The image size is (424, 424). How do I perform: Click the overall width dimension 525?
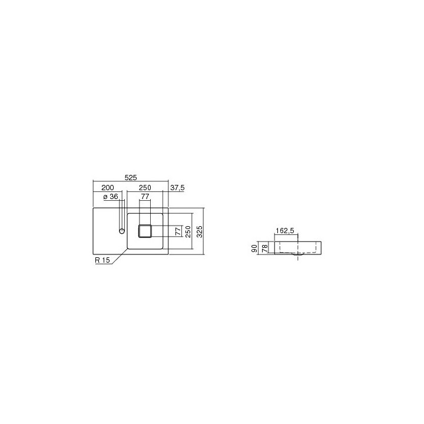pyautogui.click(x=131, y=177)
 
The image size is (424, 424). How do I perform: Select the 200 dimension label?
pyautogui.click(x=108, y=187)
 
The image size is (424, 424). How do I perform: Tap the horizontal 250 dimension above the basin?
pyautogui.click(x=145, y=187)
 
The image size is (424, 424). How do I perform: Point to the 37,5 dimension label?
pyautogui.click(x=177, y=187)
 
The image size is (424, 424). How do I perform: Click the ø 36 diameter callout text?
pyautogui.click(x=111, y=197)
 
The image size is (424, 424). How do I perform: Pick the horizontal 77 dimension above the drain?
pyautogui.click(x=145, y=197)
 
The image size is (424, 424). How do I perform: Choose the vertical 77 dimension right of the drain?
pyautogui.click(x=177, y=231)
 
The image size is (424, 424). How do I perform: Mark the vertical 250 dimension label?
pyautogui.click(x=188, y=231)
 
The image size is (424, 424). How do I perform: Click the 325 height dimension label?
pyautogui.click(x=199, y=231)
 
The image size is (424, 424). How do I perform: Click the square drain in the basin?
pyautogui.click(x=145, y=231)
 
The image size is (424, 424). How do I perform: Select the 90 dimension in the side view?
pyautogui.click(x=254, y=249)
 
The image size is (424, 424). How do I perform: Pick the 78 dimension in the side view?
pyautogui.click(x=264, y=247)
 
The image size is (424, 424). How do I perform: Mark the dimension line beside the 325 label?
pyautogui.click(x=204, y=231)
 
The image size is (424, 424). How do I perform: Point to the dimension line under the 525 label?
pyautogui.click(x=131, y=181)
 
